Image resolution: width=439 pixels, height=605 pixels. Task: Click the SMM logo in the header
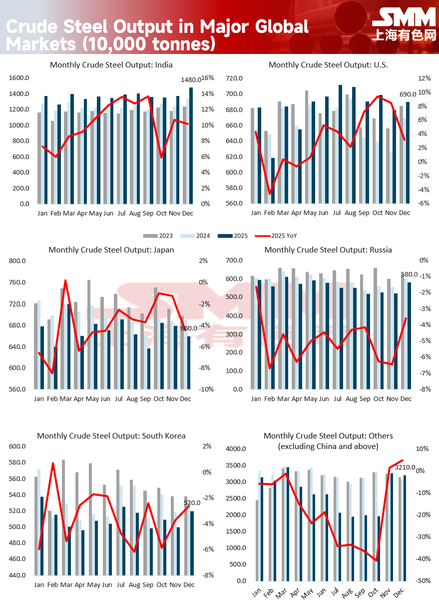[404, 18]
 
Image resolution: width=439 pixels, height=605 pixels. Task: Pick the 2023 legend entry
[159, 235]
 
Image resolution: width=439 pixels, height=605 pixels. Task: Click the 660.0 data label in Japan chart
[189, 328]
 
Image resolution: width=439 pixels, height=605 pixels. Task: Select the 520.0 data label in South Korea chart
[191, 503]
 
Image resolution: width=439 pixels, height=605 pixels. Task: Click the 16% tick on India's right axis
[207, 78]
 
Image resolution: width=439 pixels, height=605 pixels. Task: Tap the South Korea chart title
[111, 436]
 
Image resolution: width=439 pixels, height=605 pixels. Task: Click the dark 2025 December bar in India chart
[191, 145]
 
